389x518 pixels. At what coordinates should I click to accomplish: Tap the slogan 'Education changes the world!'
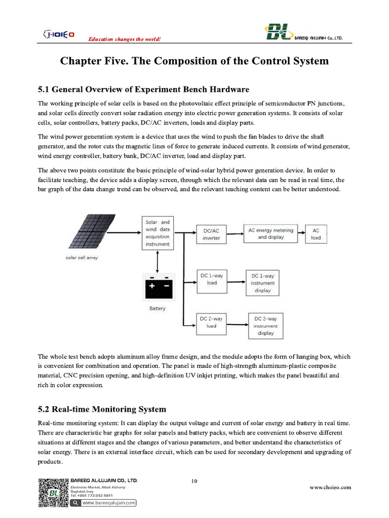coord(125,39)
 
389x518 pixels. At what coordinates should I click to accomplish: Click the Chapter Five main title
coord(194,61)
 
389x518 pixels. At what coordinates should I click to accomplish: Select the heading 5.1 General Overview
coord(143,90)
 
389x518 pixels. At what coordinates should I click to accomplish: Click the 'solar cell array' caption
coord(82,257)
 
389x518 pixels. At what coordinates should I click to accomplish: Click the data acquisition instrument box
coord(159,233)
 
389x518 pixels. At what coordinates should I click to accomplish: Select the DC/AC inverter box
coord(211,234)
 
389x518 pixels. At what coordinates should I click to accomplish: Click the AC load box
coord(316,234)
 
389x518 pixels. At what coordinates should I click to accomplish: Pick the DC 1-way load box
coord(212,279)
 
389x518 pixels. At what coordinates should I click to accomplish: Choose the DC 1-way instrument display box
coord(263,283)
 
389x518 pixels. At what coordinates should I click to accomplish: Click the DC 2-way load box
coord(211,322)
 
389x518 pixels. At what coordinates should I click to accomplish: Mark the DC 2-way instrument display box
coord(265,326)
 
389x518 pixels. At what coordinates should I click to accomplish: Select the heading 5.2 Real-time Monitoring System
coord(102,409)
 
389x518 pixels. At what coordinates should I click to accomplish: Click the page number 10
coord(194,481)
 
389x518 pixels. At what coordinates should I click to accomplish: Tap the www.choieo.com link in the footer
coord(330,487)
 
